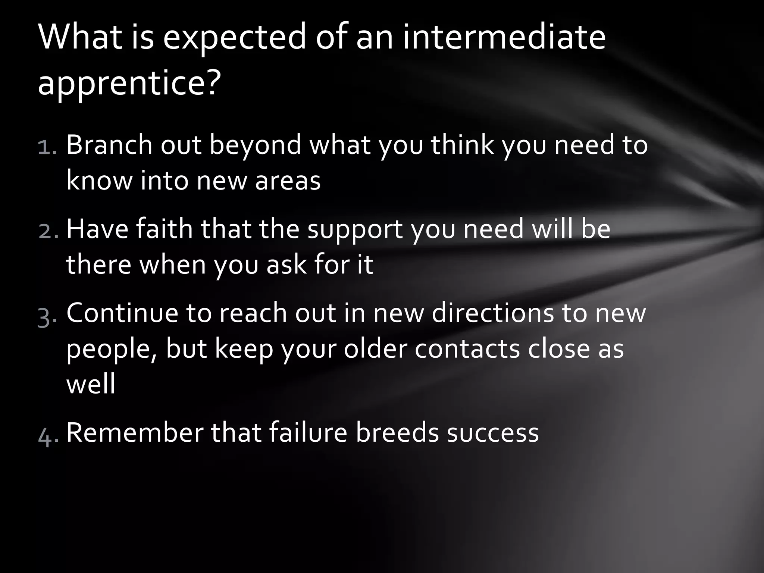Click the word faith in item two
[164, 229]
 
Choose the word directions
[493, 313]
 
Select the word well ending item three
[91, 384]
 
